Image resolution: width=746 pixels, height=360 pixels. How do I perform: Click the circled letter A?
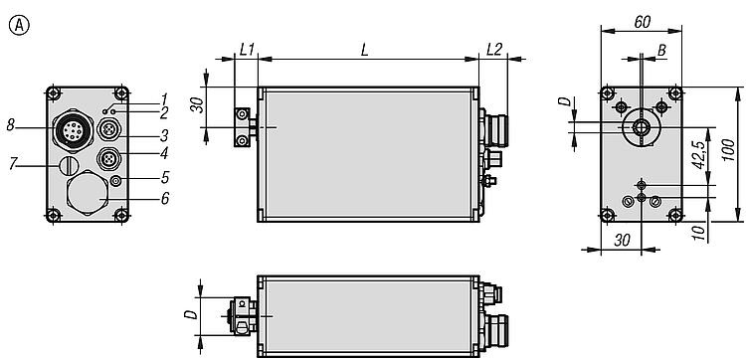(x=19, y=26)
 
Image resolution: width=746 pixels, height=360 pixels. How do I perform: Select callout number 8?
(x=12, y=126)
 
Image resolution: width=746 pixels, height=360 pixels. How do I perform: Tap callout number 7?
(x=13, y=164)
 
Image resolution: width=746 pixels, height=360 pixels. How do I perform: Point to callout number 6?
(x=164, y=198)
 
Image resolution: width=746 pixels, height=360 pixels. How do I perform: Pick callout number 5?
(x=164, y=178)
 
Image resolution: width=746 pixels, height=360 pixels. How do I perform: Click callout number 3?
(x=164, y=136)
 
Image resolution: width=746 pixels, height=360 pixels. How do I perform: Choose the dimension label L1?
(x=247, y=50)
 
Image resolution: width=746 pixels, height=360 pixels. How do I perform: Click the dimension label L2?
(x=494, y=50)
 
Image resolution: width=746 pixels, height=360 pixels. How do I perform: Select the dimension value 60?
(x=643, y=22)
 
